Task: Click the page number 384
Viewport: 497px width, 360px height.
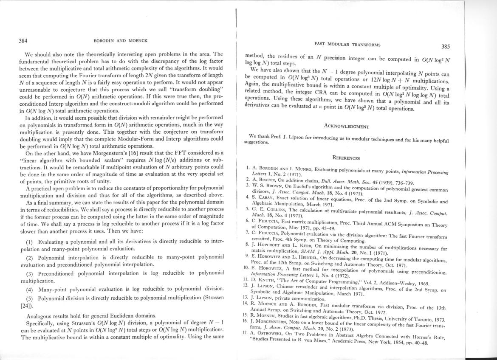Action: tap(23, 41)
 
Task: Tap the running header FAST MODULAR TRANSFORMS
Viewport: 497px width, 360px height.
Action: tap(347, 44)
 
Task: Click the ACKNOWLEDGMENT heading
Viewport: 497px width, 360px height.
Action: tap(347, 126)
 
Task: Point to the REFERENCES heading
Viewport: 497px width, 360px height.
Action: tap(346, 158)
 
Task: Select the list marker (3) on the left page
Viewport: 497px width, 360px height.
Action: tap(30, 273)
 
